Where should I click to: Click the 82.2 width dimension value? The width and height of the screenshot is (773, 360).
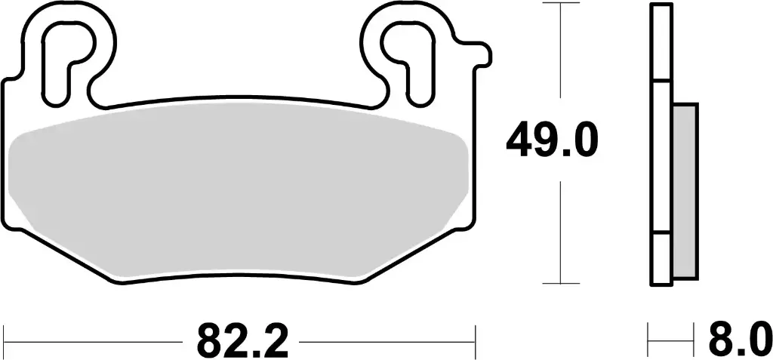pos(243,341)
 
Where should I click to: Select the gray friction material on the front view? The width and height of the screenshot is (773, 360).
pos(242,192)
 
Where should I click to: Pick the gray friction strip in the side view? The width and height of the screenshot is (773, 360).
pos(684,189)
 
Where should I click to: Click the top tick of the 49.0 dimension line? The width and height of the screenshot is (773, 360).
pos(559,4)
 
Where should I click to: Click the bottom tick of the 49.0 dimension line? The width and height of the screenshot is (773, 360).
pos(559,284)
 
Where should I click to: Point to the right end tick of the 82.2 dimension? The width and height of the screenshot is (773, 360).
pos(475,341)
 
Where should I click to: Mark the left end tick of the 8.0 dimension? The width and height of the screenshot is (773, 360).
pos(649,341)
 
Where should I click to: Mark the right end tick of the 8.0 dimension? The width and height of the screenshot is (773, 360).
pos(694,341)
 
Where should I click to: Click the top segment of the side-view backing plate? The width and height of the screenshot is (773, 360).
pos(661,42)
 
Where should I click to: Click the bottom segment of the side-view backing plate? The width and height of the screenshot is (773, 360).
pos(661,260)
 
